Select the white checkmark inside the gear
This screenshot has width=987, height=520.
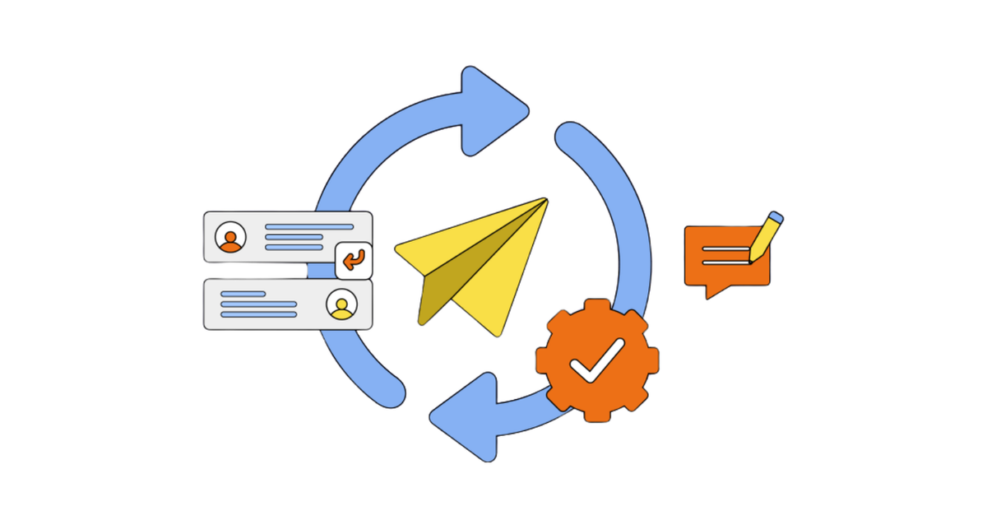598,360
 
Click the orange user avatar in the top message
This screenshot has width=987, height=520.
230,238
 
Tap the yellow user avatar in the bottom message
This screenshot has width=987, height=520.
341,305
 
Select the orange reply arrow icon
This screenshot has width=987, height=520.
354,262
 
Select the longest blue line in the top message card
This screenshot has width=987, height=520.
309,226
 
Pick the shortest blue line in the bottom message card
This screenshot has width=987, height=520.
243,294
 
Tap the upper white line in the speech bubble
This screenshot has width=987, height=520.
724,249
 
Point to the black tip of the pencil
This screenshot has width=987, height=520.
751,260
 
